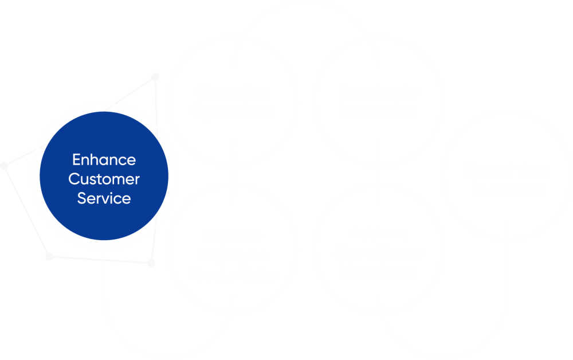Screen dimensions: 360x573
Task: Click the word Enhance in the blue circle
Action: (104, 159)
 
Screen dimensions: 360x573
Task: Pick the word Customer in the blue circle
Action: (104, 179)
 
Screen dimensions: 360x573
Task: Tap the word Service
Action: (104, 198)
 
